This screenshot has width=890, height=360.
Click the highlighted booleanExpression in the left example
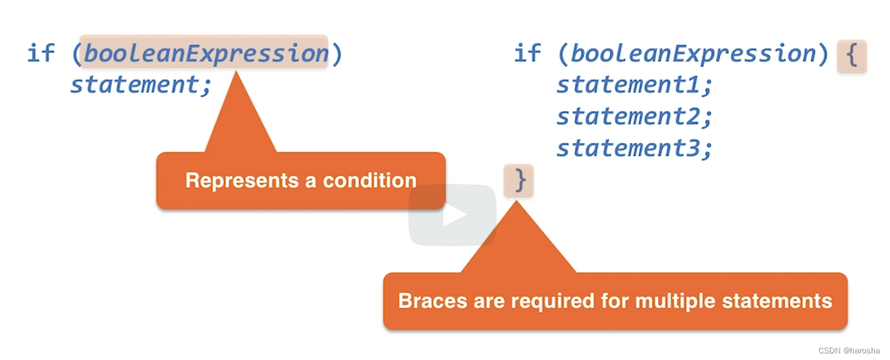click(205, 52)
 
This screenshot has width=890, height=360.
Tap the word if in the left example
click(41, 52)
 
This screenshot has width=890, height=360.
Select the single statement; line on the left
click(141, 84)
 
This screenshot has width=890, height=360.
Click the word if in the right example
click(528, 53)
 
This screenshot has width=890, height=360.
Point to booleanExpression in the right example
click(693, 53)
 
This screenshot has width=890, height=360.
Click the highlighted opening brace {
click(851, 56)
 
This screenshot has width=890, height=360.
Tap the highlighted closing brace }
click(519, 180)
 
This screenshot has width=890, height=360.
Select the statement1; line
click(634, 84)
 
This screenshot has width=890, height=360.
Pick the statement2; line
click(634, 117)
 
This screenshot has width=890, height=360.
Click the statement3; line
click(634, 149)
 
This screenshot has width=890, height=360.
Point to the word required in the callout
click(559, 301)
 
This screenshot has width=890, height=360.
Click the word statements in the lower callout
click(777, 301)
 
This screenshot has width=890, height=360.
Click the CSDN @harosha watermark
click(849, 351)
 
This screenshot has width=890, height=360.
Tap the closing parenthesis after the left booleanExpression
click(337, 52)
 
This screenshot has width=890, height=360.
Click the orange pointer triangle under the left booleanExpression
click(239, 121)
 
